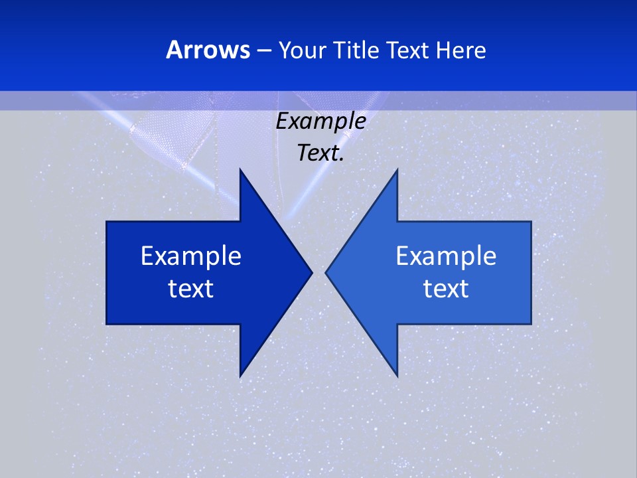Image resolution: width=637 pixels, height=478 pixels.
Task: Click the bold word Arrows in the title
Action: [x=208, y=50]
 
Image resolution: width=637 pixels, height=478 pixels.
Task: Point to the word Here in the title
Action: [x=460, y=50]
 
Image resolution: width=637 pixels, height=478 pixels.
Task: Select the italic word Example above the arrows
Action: [x=320, y=121]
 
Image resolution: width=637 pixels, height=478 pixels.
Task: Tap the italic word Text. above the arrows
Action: [x=318, y=153]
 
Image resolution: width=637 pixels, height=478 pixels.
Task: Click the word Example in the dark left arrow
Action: [x=191, y=256]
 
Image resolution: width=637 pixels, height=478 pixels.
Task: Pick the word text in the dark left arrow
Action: [x=191, y=289]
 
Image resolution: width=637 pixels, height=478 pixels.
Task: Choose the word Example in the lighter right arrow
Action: [x=446, y=256]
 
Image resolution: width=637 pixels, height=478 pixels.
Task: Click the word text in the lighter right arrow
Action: [x=446, y=289]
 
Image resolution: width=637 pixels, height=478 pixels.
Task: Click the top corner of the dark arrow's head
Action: [x=240, y=170]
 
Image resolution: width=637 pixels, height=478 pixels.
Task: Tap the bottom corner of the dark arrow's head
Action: [x=240, y=376]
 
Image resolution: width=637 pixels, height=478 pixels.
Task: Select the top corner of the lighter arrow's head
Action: [x=397, y=170]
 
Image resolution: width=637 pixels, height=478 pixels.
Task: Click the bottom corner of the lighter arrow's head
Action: [x=397, y=376]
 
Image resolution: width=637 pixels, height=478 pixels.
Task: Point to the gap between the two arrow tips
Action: [x=318, y=272]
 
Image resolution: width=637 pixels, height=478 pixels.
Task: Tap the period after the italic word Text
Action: [x=342, y=161]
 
